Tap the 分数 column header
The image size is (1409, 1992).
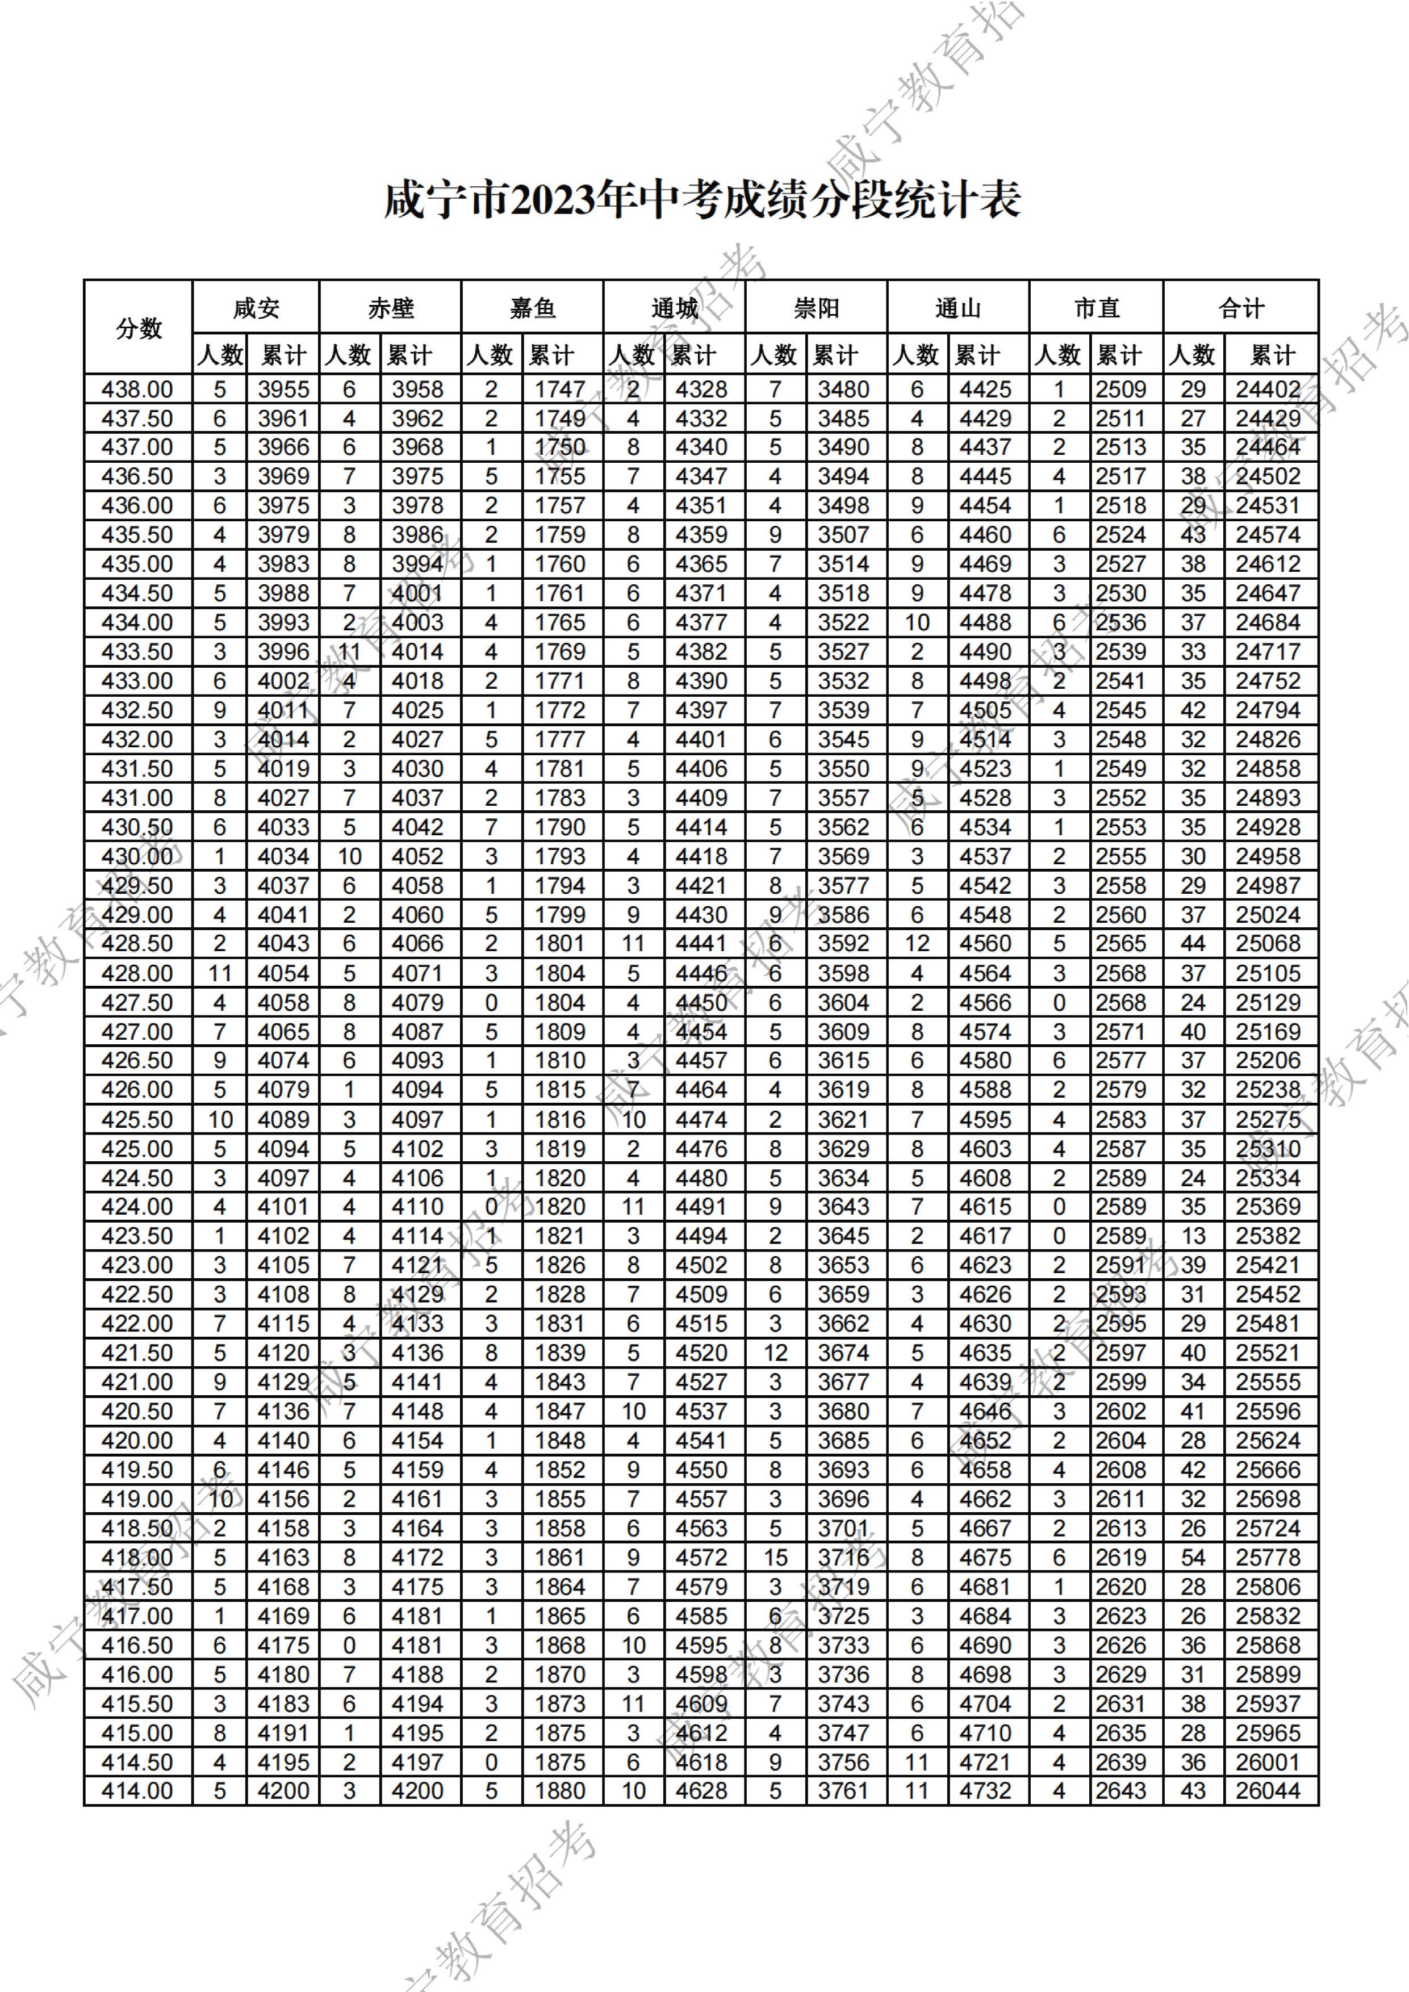(x=138, y=328)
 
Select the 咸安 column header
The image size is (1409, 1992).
(x=256, y=308)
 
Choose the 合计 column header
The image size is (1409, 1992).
(x=1241, y=308)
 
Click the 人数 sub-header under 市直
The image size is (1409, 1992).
(x=1059, y=355)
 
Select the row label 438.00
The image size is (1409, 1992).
(x=137, y=390)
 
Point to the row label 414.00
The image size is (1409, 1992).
(x=137, y=1791)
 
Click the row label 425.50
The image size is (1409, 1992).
(x=137, y=1119)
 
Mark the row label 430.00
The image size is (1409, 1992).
(x=137, y=856)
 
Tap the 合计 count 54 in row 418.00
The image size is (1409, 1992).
(x=1193, y=1558)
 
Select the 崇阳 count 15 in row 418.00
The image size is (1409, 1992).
(x=775, y=1558)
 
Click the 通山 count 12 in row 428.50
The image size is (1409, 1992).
(x=917, y=943)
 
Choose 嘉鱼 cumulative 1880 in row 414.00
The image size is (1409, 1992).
(x=559, y=1791)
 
